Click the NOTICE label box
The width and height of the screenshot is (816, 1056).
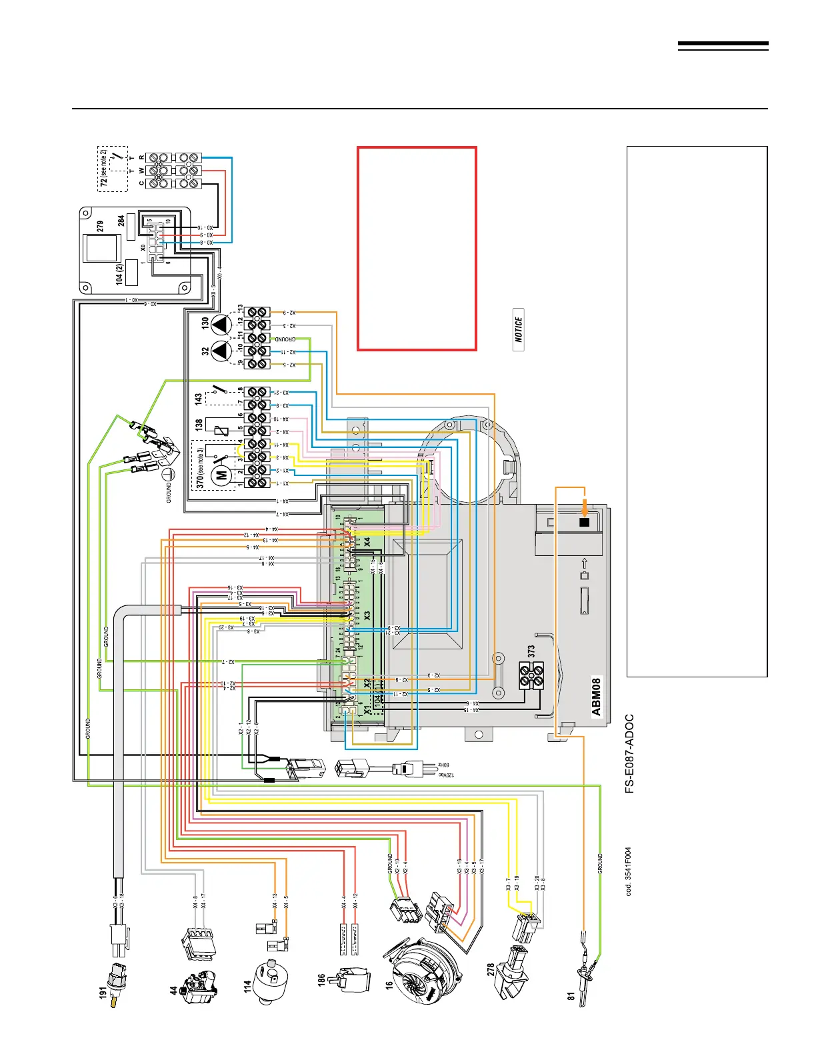[519, 329]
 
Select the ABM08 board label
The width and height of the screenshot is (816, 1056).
[596, 697]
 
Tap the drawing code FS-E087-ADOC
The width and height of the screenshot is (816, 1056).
[629, 754]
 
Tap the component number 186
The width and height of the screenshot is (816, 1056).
[322, 979]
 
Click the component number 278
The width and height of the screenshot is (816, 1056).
[491, 969]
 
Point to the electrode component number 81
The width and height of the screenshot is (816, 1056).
[571, 997]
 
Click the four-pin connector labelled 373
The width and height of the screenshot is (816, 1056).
[531, 675]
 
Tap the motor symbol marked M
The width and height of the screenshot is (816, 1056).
[220, 475]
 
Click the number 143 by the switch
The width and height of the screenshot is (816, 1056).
[199, 399]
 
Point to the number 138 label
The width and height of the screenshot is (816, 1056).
[199, 425]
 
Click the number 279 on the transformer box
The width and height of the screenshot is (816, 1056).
[101, 227]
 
